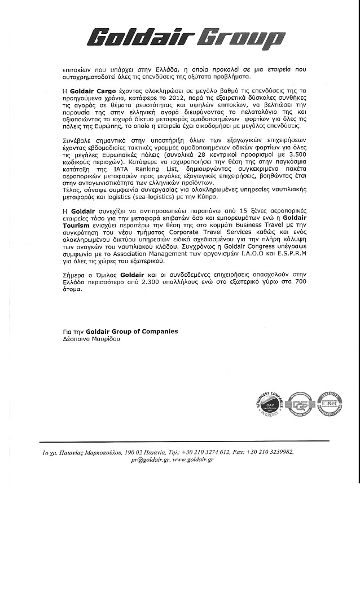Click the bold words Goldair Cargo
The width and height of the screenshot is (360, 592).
(94, 90)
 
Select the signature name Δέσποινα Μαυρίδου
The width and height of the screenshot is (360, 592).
(91, 339)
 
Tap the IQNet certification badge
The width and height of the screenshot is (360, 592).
(329, 404)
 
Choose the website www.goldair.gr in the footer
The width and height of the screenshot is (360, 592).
(193, 460)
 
